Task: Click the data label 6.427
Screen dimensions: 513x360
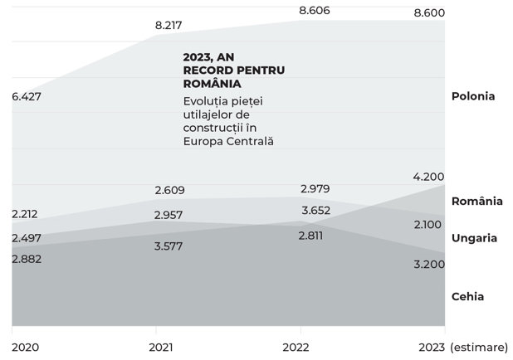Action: coord(27,96)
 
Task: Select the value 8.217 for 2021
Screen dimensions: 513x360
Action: coord(169,25)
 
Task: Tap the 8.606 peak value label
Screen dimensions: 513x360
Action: coord(315,11)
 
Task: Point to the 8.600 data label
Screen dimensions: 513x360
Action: coord(429,12)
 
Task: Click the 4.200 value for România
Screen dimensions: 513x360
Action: coord(428,177)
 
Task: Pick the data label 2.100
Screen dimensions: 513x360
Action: coord(427,225)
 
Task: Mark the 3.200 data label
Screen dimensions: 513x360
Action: coord(429,265)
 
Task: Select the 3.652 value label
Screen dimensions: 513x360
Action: coord(315,210)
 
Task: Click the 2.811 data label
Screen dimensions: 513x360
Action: coord(310,236)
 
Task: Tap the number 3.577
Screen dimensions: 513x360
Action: coord(169,246)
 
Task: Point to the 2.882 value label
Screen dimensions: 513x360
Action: coord(27,259)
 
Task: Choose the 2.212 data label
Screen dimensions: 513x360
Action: coord(25,214)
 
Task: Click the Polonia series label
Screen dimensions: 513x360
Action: coord(473,96)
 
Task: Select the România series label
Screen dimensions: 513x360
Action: coord(477,201)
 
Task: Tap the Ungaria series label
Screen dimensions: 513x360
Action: coord(474,238)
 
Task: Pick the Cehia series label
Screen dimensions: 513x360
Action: coord(467,297)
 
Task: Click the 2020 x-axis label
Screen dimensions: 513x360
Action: coord(25,348)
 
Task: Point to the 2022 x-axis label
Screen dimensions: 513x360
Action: coord(296,348)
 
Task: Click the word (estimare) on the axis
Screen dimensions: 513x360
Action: coord(479,348)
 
